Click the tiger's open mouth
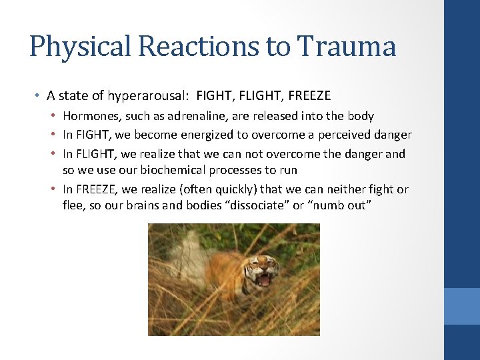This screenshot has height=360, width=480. (x=264, y=279)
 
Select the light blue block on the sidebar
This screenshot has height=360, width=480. (x=461, y=306)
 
